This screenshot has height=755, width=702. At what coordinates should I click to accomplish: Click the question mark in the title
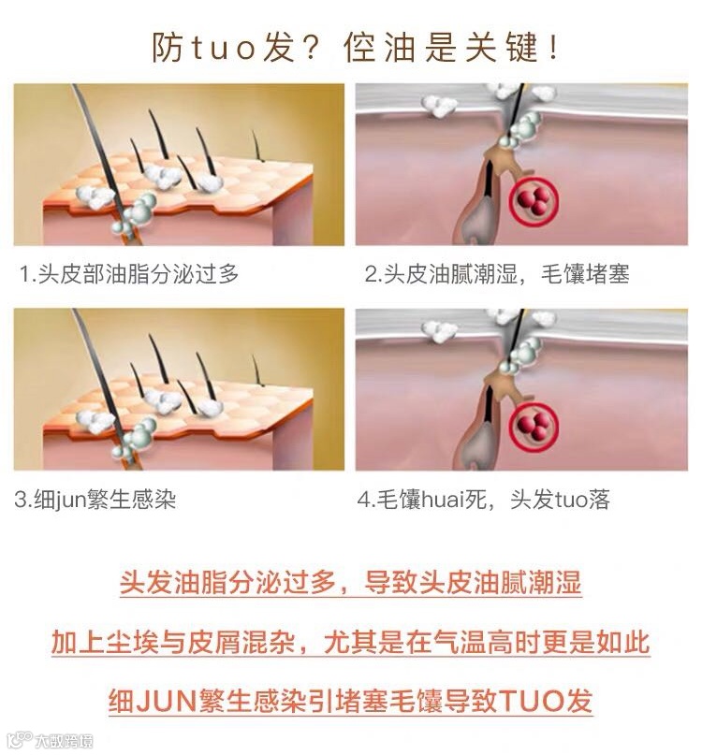(307, 48)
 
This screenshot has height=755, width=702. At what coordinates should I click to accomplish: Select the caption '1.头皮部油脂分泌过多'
(129, 274)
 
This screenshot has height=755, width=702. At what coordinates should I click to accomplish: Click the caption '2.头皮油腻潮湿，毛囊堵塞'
(497, 274)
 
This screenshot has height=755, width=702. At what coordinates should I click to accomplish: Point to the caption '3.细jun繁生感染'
(95, 500)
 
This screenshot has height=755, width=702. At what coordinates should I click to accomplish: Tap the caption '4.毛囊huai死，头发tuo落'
(483, 500)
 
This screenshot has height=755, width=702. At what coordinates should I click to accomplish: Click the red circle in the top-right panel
(534, 201)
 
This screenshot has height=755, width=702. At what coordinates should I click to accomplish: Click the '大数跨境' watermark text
(63, 740)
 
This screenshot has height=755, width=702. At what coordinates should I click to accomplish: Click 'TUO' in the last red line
(532, 701)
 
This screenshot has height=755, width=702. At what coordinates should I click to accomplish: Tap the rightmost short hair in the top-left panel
(257, 145)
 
